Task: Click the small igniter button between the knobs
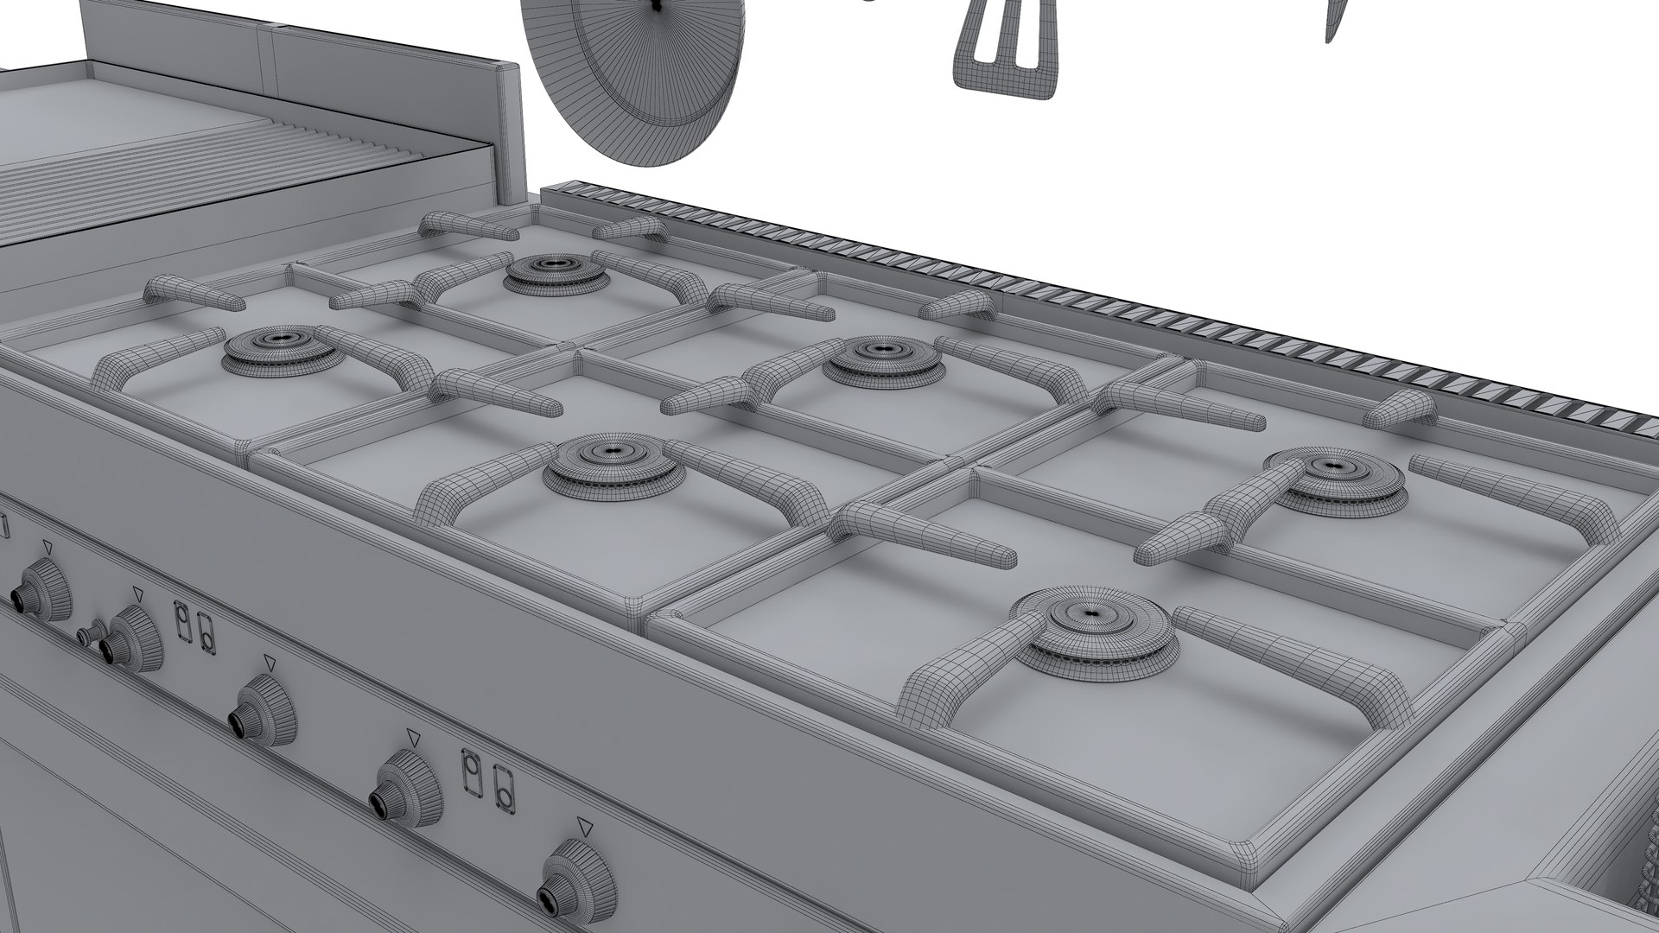coord(87,635)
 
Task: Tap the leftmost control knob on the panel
coord(39,589)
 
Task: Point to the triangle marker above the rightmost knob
coord(585,825)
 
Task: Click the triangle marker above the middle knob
coord(270,662)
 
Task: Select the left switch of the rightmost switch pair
coord(472,771)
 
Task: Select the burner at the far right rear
coord(1334,479)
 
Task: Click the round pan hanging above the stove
coord(635,82)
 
